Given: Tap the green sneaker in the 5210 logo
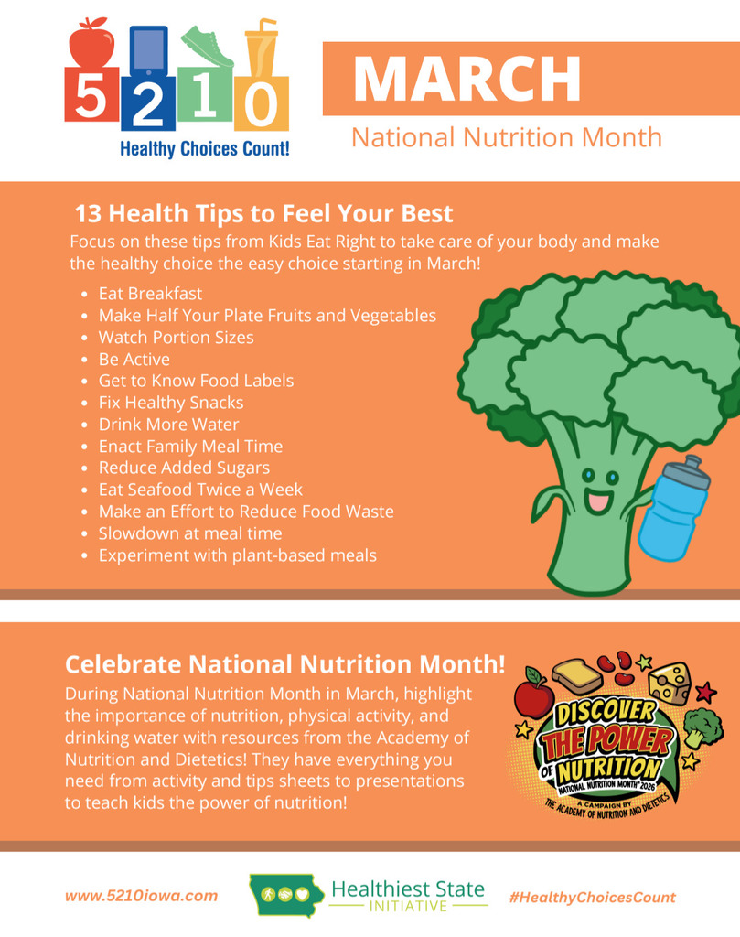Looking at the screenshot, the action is pos(207,46).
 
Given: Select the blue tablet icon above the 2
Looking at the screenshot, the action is pos(148,51).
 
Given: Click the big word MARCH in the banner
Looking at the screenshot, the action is pos(467,79).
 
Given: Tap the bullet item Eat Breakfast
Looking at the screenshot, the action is pos(151,294).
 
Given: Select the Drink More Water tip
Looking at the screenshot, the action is pos(168,425).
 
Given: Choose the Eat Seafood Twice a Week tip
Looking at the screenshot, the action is pos(200,490).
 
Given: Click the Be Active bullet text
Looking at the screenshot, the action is pos(134,359).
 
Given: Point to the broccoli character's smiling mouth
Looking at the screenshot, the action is pos(598,501).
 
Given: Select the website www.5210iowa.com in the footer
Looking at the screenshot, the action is pos(142,896).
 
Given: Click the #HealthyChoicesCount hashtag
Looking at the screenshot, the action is pos(593,898).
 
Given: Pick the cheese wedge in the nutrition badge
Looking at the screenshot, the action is pos(670,683).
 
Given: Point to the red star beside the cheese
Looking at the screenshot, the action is pos(706,692).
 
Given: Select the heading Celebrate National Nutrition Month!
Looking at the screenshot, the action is pos(285,664).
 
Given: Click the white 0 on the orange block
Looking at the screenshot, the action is pos(261,105).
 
